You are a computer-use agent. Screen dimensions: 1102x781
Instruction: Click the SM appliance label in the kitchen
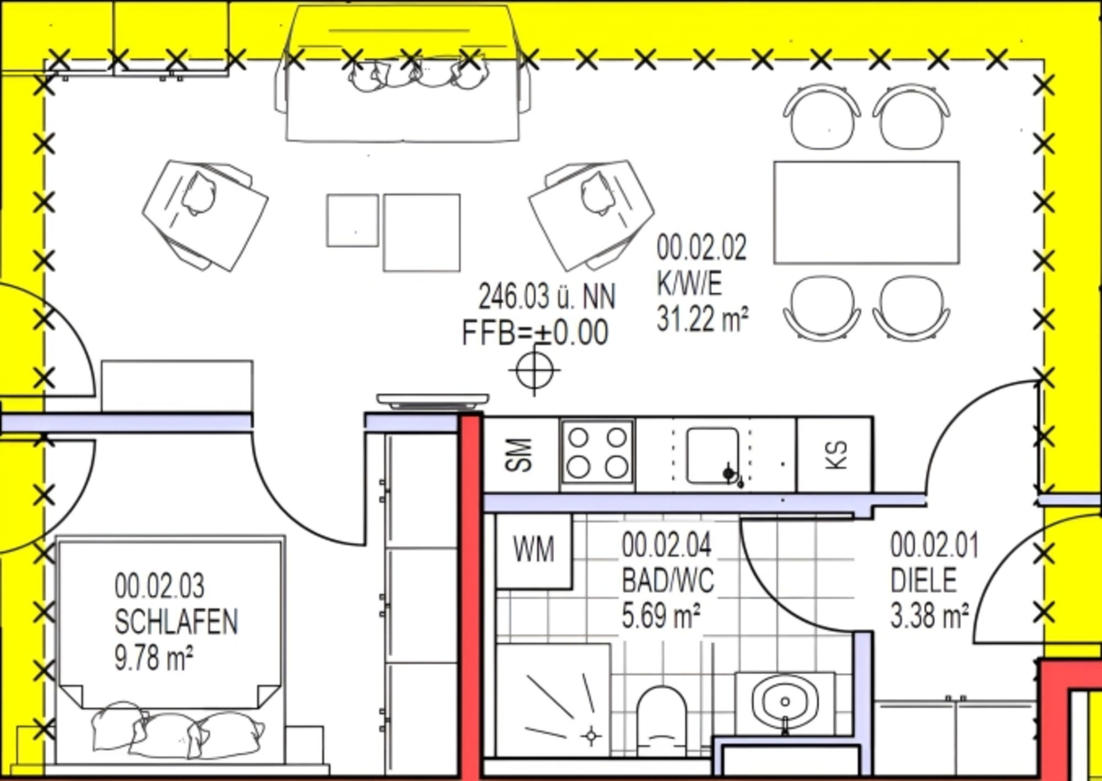click(x=521, y=455)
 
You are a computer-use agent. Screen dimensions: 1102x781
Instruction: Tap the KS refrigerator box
click(x=834, y=455)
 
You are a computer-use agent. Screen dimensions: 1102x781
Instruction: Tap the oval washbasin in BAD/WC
click(x=785, y=702)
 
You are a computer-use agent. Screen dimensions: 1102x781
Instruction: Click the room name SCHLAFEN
click(x=176, y=622)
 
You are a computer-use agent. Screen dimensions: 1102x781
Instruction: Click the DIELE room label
click(x=923, y=581)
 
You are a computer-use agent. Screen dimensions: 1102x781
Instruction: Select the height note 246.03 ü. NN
click(x=547, y=297)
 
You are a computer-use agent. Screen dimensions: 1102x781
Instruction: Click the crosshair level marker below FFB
click(x=534, y=370)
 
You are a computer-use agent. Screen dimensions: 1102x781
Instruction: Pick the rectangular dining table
click(x=866, y=213)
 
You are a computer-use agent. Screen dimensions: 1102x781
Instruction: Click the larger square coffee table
click(x=421, y=233)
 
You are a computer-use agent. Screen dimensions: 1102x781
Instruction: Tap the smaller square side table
click(x=353, y=220)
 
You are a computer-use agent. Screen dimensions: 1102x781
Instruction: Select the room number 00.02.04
click(x=666, y=545)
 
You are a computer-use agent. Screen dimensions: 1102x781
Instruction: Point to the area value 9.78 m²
click(x=154, y=658)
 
